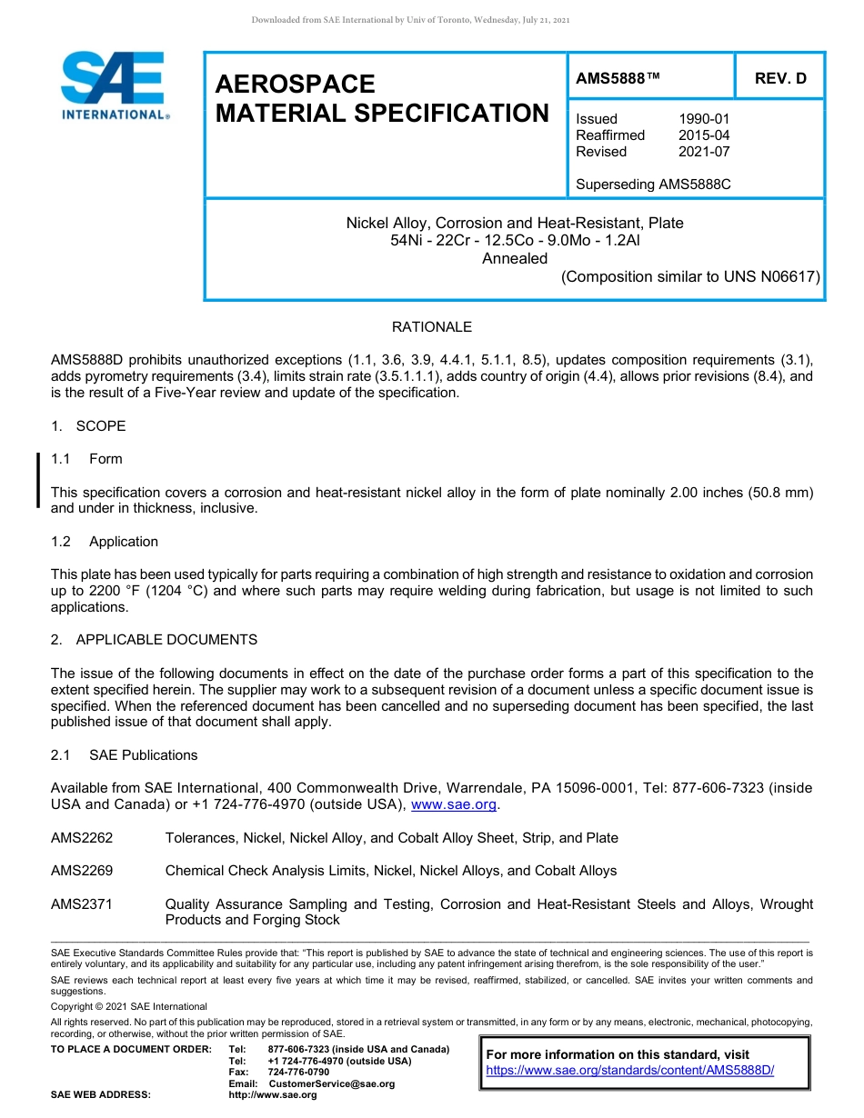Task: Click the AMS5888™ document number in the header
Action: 618,78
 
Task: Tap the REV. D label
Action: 779,78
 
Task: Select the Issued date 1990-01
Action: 703,119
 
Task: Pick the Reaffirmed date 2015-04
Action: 703,135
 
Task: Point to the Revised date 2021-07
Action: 703,152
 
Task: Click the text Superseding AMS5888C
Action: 653,185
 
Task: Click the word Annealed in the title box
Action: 514,258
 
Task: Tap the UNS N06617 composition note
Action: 690,276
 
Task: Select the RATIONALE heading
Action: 431,327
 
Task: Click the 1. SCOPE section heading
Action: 88,426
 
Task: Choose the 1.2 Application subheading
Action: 105,542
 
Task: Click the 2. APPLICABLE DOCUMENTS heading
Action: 154,640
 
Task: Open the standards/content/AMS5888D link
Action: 629,1070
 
